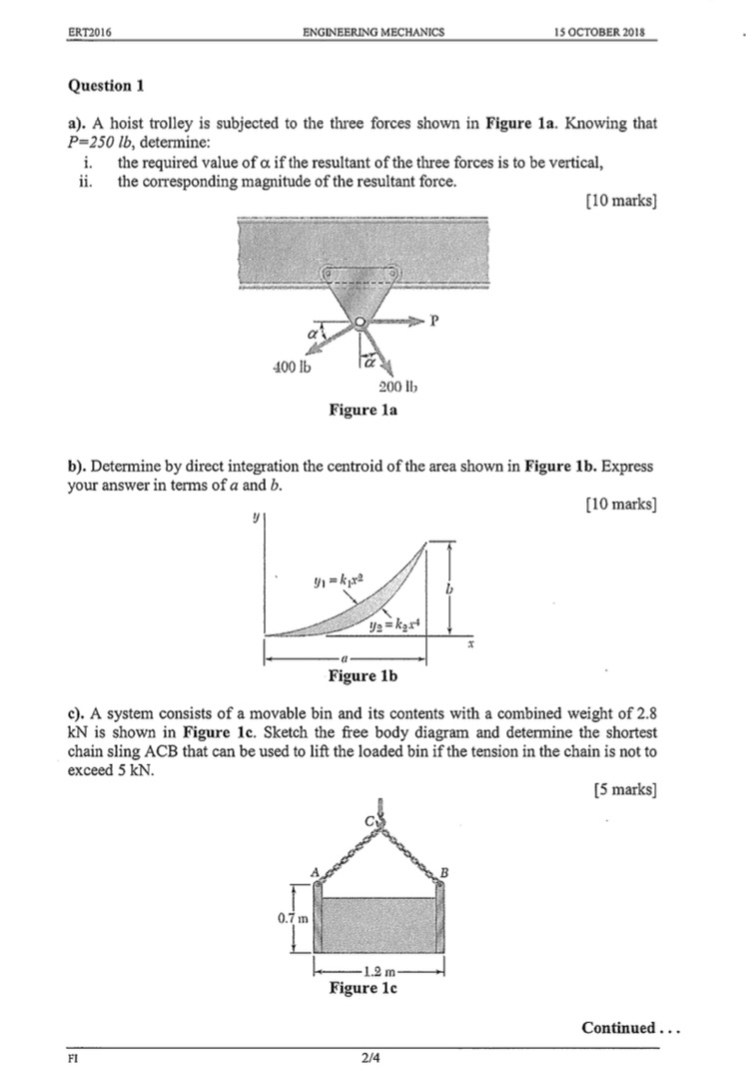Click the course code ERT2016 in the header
pyautogui.click(x=88, y=32)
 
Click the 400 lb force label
pyautogui.click(x=291, y=367)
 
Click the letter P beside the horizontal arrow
pyautogui.click(x=432, y=322)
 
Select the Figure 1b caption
pyautogui.click(x=363, y=676)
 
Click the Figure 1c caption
pyautogui.click(x=364, y=989)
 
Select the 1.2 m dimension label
pyautogui.click(x=379, y=970)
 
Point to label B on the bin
pyautogui.click(x=445, y=872)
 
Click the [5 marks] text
pyautogui.click(x=624, y=790)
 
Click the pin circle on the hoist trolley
pyautogui.click(x=359, y=322)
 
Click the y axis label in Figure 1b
pyautogui.click(x=257, y=518)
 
